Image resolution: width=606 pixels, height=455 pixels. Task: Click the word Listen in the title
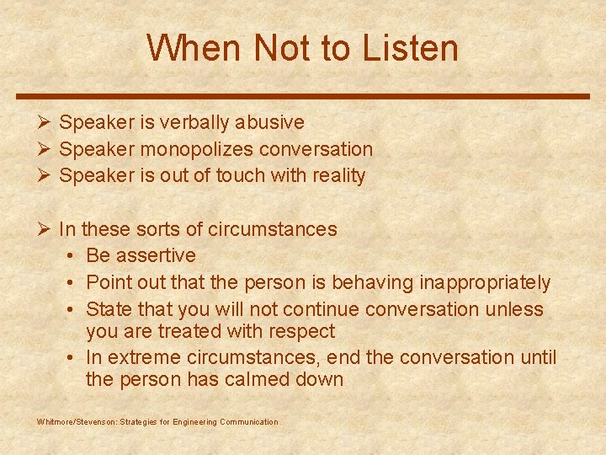tap(411, 48)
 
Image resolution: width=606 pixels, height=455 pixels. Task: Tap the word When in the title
tap(192, 48)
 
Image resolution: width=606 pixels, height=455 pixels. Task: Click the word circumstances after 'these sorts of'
tap(273, 229)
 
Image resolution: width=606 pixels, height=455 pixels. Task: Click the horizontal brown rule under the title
tap(303, 96)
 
